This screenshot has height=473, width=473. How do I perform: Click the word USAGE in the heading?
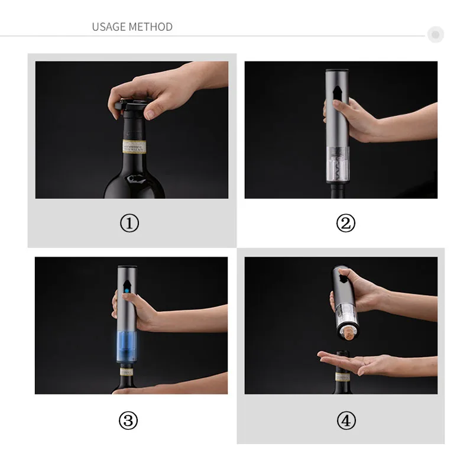tap(109, 27)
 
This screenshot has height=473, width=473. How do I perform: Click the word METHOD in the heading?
tap(151, 27)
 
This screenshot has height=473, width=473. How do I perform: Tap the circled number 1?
tap(129, 223)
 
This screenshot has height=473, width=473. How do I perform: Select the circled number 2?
tap(346, 223)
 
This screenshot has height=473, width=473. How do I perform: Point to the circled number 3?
tap(128, 420)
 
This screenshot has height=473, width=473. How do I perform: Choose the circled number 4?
tap(346, 420)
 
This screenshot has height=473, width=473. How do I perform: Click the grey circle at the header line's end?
tap(435, 34)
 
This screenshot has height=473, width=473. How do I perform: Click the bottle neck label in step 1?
tap(134, 147)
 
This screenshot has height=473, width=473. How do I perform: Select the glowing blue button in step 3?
tap(127, 291)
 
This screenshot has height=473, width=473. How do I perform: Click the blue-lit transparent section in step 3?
tap(127, 346)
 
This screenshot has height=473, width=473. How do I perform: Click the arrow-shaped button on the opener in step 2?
tap(338, 94)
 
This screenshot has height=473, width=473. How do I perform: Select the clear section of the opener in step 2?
tap(338, 165)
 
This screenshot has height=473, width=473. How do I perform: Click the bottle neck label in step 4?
tap(343, 377)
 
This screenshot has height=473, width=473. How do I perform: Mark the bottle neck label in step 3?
tap(127, 372)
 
